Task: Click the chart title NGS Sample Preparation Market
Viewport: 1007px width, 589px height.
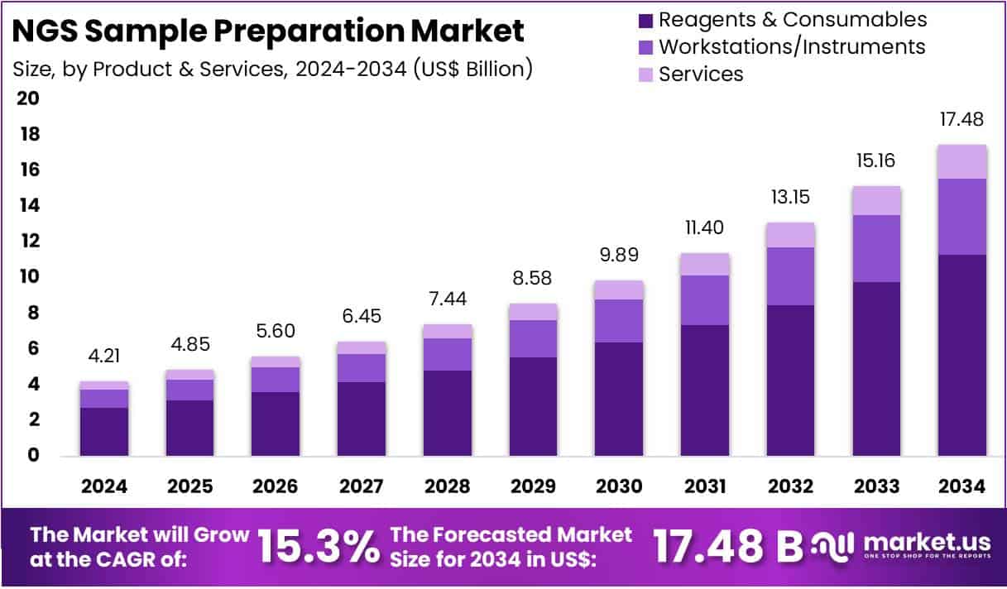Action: pyautogui.click(x=269, y=31)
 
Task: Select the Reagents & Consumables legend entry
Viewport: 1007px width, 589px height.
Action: pyautogui.click(x=792, y=19)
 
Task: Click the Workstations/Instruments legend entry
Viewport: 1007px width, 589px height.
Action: pyautogui.click(x=791, y=46)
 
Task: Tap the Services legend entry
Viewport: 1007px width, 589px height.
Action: pyautogui.click(x=700, y=74)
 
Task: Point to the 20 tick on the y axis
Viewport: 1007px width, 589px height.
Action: pyautogui.click(x=28, y=98)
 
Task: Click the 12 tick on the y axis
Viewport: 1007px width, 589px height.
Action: pyautogui.click(x=28, y=241)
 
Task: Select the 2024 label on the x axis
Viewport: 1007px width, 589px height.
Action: pyautogui.click(x=104, y=486)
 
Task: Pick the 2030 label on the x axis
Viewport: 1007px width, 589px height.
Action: pyautogui.click(x=619, y=486)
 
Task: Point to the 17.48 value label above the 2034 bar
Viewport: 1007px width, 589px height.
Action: pyautogui.click(x=961, y=120)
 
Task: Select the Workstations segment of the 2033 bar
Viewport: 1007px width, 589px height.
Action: pyautogui.click(x=876, y=248)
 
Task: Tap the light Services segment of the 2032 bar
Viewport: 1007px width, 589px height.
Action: pyautogui.click(x=790, y=235)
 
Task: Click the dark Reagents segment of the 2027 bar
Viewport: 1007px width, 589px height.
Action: pyautogui.click(x=362, y=418)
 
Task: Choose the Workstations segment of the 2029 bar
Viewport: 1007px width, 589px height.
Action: pyautogui.click(x=533, y=338)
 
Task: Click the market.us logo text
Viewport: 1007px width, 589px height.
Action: pyautogui.click(x=927, y=542)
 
